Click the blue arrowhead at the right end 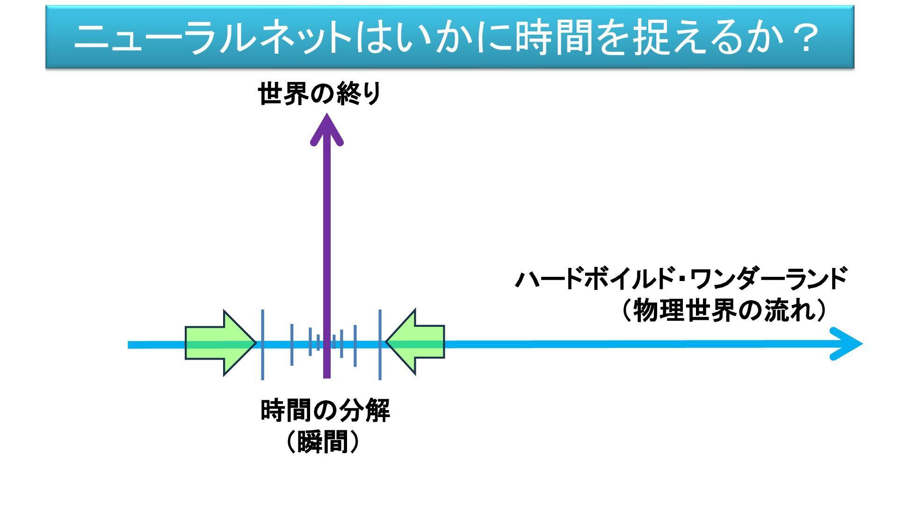coord(847,344)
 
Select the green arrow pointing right coord(220,343)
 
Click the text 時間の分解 coord(325,411)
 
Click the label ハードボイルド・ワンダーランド coord(681,279)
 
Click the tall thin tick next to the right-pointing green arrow coord(262,345)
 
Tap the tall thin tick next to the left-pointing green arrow coord(380,345)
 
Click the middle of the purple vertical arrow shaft coord(327,252)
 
